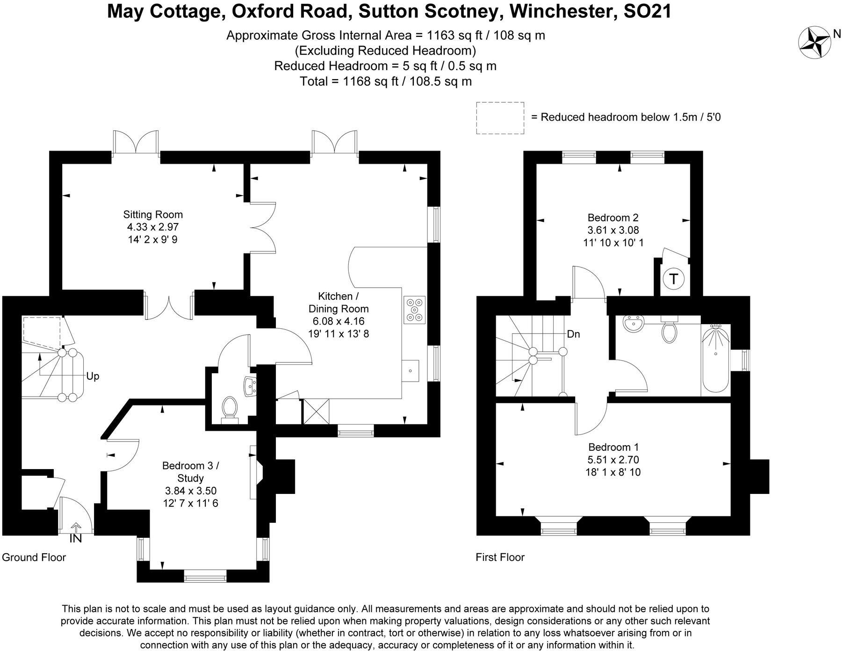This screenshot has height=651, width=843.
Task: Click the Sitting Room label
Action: pyautogui.click(x=153, y=215)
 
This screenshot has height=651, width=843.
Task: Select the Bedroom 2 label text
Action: pyautogui.click(x=613, y=217)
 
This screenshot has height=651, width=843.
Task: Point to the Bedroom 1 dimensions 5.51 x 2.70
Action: pyautogui.click(x=613, y=460)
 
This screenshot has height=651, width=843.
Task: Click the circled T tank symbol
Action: pyautogui.click(x=673, y=279)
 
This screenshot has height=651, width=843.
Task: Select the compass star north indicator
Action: pyautogui.click(x=814, y=43)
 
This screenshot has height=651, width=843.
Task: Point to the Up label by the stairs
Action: pyautogui.click(x=93, y=376)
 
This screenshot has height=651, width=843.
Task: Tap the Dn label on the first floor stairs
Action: pyautogui.click(x=573, y=334)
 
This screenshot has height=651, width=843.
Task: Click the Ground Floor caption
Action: pyautogui.click(x=34, y=557)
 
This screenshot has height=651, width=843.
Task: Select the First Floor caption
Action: pyautogui.click(x=500, y=557)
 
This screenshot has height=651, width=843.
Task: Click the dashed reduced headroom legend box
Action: pyautogui.click(x=500, y=118)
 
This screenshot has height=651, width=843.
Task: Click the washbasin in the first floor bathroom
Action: pyautogui.click(x=634, y=322)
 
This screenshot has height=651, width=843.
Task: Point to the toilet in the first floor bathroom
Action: pyautogui.click(x=669, y=331)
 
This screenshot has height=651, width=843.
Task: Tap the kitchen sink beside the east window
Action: pyautogui.click(x=411, y=371)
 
